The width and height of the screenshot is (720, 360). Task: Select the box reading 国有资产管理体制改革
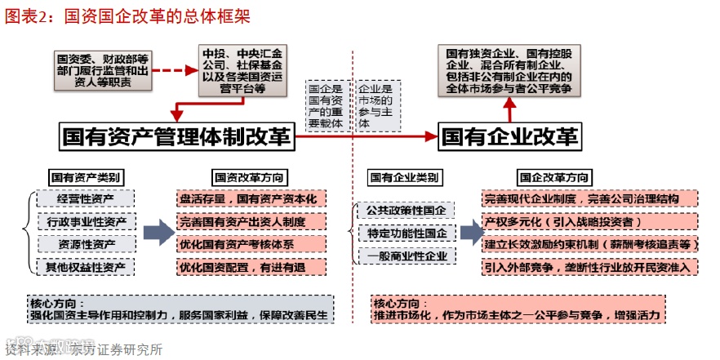coord(177,136)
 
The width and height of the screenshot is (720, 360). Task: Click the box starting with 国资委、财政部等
coord(103,70)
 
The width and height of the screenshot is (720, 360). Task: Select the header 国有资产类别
coord(87,177)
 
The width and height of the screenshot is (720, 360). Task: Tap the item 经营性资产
coord(85,199)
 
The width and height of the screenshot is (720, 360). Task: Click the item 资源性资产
coord(85,244)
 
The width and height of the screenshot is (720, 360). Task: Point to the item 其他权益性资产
coord(85,266)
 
